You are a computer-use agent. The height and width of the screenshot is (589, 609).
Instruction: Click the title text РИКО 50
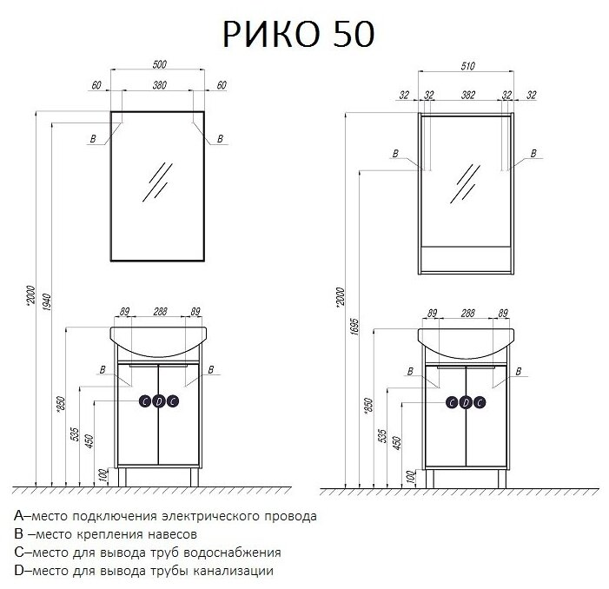[x=299, y=34]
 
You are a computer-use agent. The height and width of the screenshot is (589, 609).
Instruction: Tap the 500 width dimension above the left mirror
[x=161, y=64]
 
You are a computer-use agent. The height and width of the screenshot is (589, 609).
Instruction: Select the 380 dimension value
[x=161, y=85]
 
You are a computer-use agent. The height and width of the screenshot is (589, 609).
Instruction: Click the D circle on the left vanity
[x=159, y=400]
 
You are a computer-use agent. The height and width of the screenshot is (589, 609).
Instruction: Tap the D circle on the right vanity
[x=466, y=400]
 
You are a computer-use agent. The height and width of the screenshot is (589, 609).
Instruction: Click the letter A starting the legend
[x=19, y=516]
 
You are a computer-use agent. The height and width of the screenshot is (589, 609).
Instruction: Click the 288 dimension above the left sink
[x=160, y=312]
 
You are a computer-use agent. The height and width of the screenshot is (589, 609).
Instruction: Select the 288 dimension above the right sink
[x=467, y=312]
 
